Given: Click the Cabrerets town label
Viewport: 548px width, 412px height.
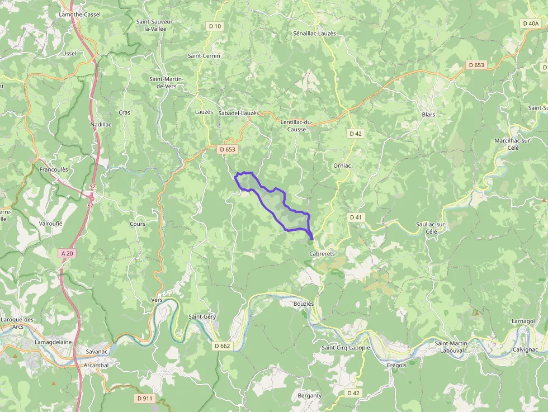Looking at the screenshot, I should point(322,253).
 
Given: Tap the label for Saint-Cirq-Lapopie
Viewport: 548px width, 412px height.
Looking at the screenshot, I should point(346,347).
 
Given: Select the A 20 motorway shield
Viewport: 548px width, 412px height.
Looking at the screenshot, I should point(67,253).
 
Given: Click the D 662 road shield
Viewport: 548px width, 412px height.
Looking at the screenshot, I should point(222,345).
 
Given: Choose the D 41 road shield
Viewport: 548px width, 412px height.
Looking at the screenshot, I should point(356,217).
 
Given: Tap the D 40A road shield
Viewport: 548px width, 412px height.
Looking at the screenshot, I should point(530,23).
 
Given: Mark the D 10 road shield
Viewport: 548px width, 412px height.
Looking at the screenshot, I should point(215,26).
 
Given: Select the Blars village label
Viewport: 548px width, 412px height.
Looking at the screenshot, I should point(428,114).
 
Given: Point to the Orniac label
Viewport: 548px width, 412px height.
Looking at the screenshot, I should point(342,165).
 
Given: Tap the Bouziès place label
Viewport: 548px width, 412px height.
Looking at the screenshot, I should point(304,303).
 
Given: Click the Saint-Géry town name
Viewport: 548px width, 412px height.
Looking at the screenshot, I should point(202,316).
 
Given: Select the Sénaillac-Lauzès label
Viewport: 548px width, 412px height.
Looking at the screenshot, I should point(314,34).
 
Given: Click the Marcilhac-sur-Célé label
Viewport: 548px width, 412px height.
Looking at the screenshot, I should point(513,144).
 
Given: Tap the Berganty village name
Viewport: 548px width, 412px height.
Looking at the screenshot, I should point(310,395).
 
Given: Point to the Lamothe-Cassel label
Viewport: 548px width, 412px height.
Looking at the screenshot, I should point(79,14).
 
